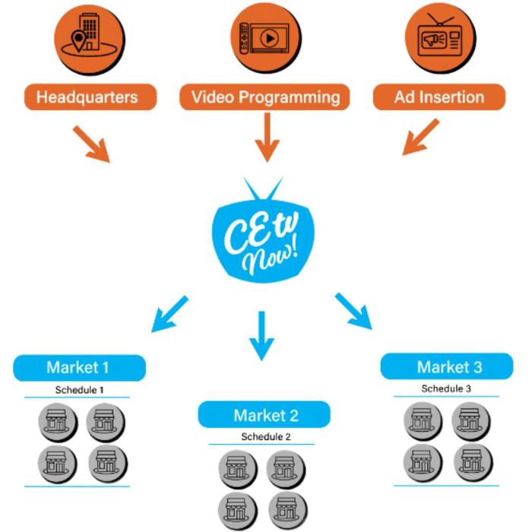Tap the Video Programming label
[x=265, y=97]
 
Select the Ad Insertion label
[x=439, y=97]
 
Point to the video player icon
[x=265, y=36]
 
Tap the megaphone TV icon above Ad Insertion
[x=439, y=36]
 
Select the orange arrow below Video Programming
[x=265, y=137]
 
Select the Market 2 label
[x=265, y=415]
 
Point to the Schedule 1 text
[x=79, y=390]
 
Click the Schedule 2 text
[x=266, y=437]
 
